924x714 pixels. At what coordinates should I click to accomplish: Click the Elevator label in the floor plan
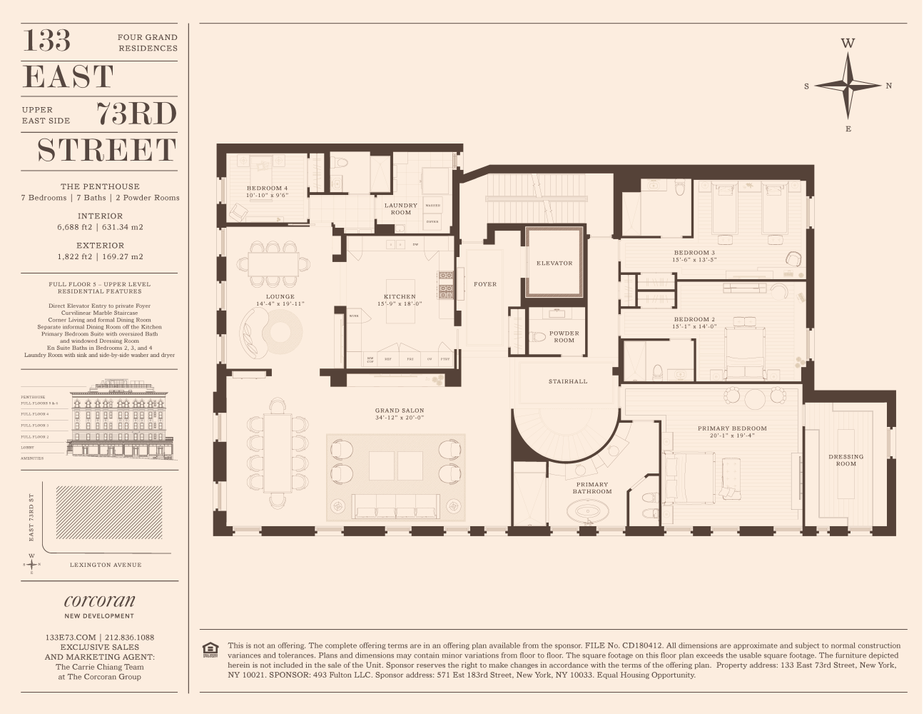point(554,263)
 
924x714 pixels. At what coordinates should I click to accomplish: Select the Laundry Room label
point(400,208)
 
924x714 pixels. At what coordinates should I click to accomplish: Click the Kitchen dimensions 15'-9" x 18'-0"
point(400,304)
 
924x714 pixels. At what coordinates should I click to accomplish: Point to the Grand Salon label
point(400,411)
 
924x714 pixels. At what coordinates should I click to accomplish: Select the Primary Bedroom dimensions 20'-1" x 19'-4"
point(732,436)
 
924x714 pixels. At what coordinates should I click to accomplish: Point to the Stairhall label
point(568,381)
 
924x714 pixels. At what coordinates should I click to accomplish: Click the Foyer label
point(485,284)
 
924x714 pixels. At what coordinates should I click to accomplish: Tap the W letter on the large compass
point(848,44)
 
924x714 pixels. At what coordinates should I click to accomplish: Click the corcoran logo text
point(99,600)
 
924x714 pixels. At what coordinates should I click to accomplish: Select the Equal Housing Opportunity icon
point(210,649)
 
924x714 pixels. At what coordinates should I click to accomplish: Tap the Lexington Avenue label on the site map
point(106,565)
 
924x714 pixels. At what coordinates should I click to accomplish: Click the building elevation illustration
point(118,421)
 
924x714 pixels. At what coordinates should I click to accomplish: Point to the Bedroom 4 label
point(267,188)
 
